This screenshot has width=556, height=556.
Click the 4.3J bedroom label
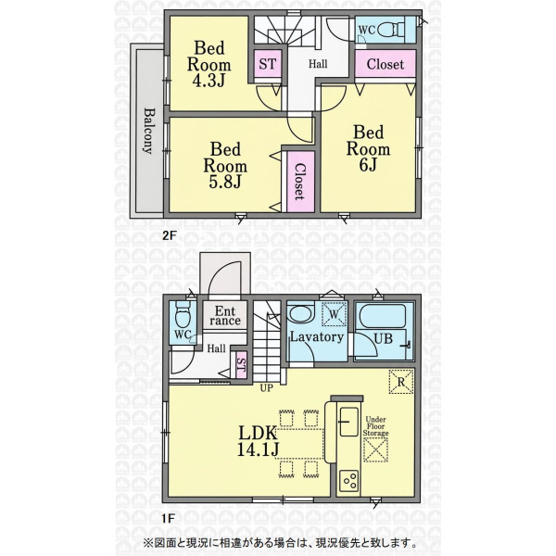click(209, 64)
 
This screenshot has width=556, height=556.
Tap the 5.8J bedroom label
click(225, 166)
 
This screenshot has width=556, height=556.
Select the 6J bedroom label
click(368, 148)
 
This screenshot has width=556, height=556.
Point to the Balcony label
click(149, 131)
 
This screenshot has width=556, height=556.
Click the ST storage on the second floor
click(268, 64)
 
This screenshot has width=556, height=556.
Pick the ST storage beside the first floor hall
click(241, 368)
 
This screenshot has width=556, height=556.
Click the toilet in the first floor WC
click(183, 314)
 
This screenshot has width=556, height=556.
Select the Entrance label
click(225, 316)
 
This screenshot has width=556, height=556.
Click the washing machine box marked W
click(334, 313)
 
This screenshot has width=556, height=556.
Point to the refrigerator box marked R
click(401, 382)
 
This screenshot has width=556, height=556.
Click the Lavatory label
click(317, 336)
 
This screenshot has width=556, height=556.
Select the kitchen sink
click(349, 422)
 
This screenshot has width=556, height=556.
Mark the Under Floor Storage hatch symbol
click(375, 450)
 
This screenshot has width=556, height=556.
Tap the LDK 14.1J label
click(258, 441)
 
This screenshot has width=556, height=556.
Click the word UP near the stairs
click(267, 388)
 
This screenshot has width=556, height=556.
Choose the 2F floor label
click(170, 235)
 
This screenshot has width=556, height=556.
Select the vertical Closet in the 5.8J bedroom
click(300, 182)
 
